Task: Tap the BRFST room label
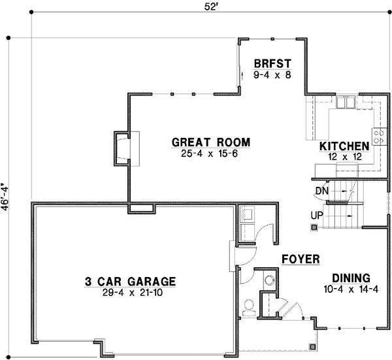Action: (x=272, y=64)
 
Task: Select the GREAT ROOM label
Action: (x=210, y=142)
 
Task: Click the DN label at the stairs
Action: (x=320, y=190)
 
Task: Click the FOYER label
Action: (x=300, y=259)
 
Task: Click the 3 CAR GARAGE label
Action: (x=131, y=282)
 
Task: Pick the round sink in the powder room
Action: (x=269, y=280)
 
